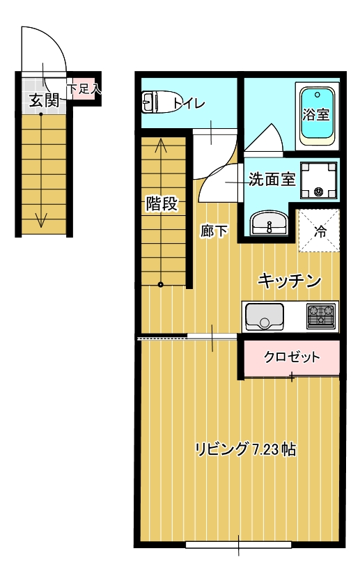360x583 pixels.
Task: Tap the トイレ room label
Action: [x=189, y=104]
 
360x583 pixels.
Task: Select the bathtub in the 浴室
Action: [x=318, y=115]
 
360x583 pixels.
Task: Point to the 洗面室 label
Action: [x=272, y=179]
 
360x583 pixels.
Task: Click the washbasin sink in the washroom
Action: [x=269, y=224]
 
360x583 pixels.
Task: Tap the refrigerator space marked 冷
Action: [x=319, y=231]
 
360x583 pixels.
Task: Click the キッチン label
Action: [x=290, y=281]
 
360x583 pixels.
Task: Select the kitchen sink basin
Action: [x=265, y=317]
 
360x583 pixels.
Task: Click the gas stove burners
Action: [x=321, y=317]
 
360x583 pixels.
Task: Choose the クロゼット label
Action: [x=292, y=357]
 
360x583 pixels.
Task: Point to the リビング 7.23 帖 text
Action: [x=246, y=449]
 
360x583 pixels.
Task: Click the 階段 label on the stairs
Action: [x=162, y=204]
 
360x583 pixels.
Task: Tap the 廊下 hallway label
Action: [x=214, y=231]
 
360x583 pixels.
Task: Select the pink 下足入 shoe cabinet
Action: [x=84, y=88]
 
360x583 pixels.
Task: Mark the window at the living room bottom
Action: [x=239, y=544]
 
